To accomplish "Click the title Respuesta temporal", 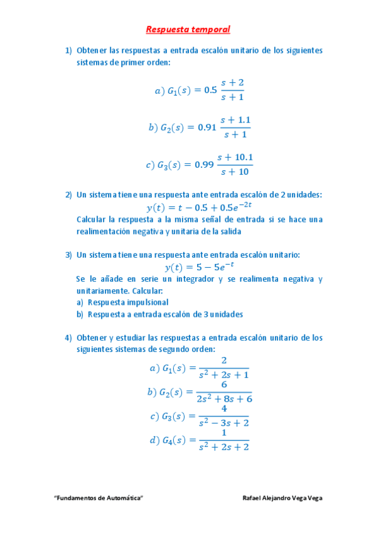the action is click(x=188, y=29).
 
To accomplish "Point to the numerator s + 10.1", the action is click(x=235, y=157).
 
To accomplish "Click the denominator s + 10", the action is click(x=235, y=172).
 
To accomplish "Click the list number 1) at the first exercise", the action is click(x=68, y=50).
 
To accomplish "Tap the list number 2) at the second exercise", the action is click(x=68, y=195).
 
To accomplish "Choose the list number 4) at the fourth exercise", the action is click(x=68, y=338).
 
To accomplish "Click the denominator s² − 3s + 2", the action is click(x=223, y=423).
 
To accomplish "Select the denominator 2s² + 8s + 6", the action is click(x=223, y=398).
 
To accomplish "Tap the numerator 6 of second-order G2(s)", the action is click(x=223, y=385).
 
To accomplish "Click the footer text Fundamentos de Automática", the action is click(x=99, y=498).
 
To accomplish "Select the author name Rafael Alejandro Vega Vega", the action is click(x=282, y=498).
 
